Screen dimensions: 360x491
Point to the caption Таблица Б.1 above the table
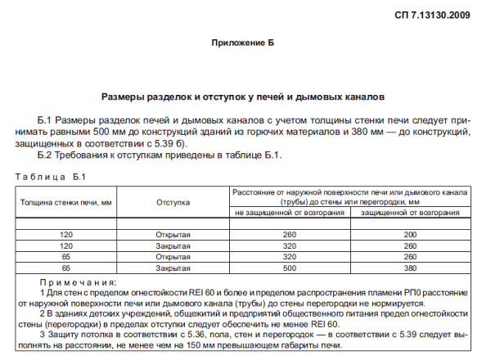(51, 177)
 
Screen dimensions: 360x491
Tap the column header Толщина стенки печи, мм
(66, 201)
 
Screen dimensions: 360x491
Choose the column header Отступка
(173, 201)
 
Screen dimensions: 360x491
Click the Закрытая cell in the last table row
(173, 267)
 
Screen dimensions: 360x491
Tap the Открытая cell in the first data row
(173, 235)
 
